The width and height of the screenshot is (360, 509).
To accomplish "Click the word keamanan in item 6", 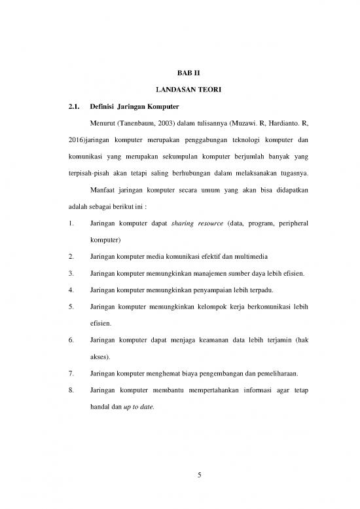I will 228,341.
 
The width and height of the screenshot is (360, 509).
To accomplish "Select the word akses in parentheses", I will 100,358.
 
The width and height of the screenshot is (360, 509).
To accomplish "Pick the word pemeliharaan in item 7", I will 256,374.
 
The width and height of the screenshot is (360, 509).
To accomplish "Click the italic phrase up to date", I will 138,407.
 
